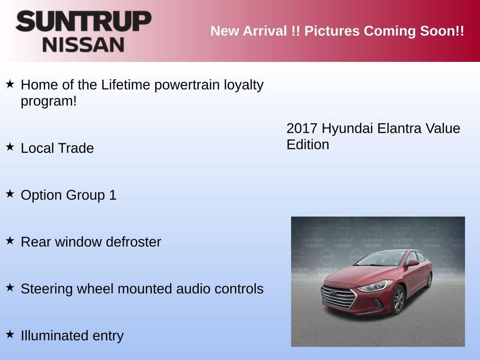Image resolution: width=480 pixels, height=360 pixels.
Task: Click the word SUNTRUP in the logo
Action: coord(83,21)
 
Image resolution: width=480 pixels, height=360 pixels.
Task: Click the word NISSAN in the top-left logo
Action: coord(83,45)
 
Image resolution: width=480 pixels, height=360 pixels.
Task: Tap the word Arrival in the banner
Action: coord(262,31)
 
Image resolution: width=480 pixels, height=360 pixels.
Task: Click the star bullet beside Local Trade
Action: coord(10,147)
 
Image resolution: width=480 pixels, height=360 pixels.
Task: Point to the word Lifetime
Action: coord(126,85)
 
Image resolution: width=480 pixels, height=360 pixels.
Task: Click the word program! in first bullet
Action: coord(48,101)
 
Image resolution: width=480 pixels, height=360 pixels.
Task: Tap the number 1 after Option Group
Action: coord(112,195)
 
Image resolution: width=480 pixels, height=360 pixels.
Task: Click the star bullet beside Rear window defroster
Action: coord(10,240)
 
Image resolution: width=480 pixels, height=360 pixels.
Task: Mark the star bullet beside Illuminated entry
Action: coord(10,334)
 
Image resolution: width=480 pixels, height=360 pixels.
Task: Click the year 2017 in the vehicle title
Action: coord(302,128)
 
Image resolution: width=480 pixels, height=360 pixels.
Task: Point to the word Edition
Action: coord(307,144)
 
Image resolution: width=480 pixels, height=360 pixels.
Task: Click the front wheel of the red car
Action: coord(399,300)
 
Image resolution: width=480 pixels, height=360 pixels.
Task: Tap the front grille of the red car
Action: coord(338,297)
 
